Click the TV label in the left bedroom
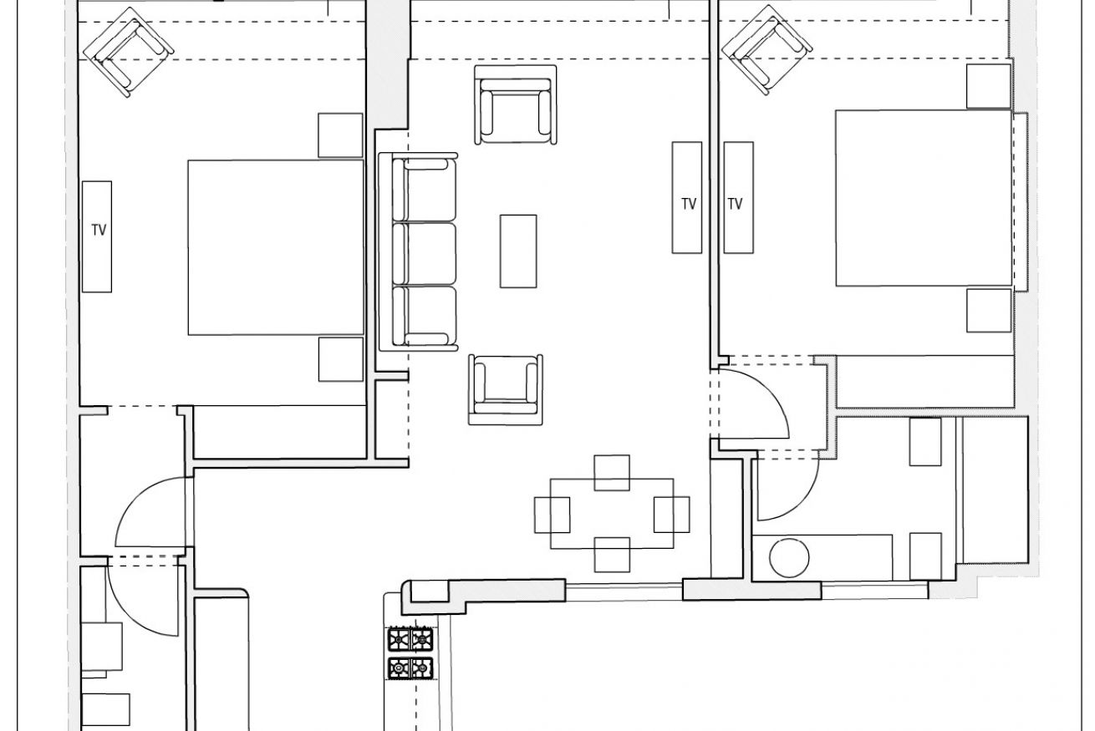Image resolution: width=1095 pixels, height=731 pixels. [x=99, y=230]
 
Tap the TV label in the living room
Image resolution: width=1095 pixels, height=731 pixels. [x=689, y=204]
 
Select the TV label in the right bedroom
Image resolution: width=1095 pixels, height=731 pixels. [x=736, y=204]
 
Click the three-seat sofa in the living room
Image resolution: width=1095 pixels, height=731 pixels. [x=419, y=251]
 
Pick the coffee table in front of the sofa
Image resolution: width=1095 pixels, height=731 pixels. [x=518, y=251]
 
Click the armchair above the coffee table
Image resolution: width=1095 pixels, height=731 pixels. [x=516, y=104]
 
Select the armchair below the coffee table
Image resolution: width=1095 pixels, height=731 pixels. [x=506, y=389]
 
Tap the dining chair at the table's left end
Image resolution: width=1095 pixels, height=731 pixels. [x=552, y=515]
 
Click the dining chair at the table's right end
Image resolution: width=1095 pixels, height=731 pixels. [x=672, y=515]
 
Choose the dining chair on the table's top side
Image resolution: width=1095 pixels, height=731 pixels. [x=612, y=473]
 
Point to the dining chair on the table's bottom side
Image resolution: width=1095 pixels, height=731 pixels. [x=612, y=555]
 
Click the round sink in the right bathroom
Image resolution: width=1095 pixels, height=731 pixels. [x=789, y=557]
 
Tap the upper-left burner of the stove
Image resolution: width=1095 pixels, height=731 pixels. [x=399, y=639]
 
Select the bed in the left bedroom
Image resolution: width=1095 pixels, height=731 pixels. [x=276, y=247]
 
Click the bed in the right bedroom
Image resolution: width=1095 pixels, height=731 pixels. [x=924, y=198]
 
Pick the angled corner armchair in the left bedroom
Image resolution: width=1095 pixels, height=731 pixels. [x=129, y=52]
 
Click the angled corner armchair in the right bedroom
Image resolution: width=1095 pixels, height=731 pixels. [x=767, y=50]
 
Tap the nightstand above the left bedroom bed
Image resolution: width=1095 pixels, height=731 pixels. [x=341, y=135]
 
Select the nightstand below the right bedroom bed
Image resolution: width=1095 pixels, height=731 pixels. [x=989, y=310]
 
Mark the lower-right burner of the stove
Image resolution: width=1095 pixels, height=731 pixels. [x=422, y=668]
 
